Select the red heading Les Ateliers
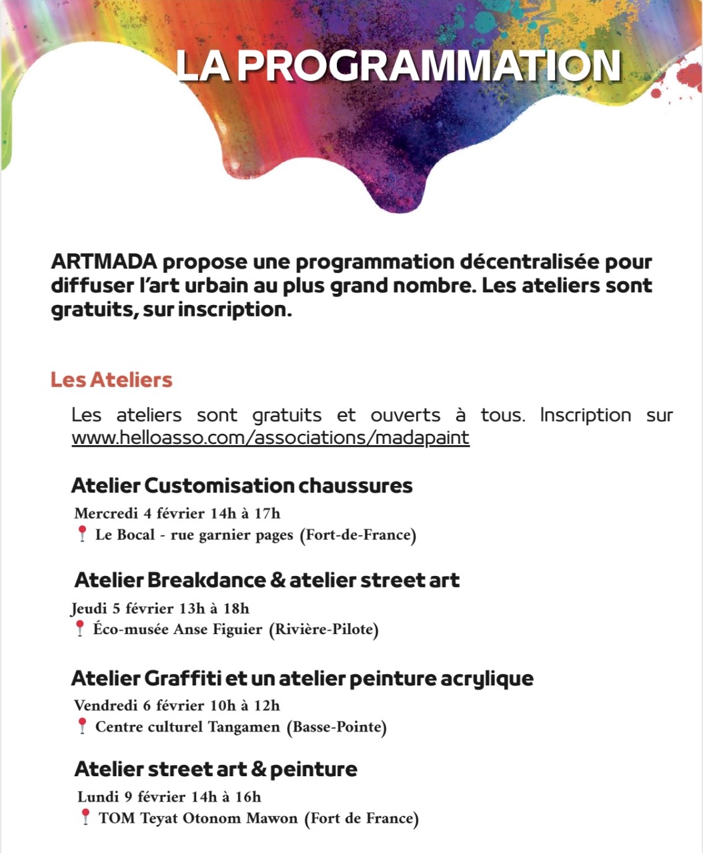(x=111, y=380)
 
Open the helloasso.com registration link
(x=270, y=438)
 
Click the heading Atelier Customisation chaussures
(x=241, y=485)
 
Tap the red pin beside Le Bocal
(x=82, y=533)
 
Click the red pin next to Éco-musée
(x=79, y=628)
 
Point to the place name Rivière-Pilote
(x=323, y=629)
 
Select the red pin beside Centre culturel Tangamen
(x=82, y=726)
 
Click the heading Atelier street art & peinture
(x=215, y=769)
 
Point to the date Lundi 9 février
(x=131, y=796)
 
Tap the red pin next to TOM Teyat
(x=85, y=817)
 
